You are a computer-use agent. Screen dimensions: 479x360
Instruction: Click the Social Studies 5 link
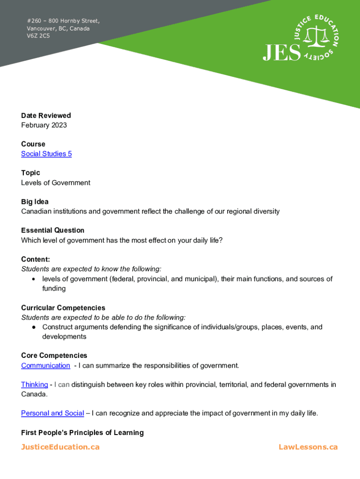coord(46,154)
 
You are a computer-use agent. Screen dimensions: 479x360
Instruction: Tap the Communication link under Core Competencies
coord(45,365)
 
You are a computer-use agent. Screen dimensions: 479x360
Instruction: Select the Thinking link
coord(34,385)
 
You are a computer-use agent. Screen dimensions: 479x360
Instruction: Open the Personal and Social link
coord(52,413)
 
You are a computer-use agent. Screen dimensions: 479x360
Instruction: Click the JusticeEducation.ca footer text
coord(60,447)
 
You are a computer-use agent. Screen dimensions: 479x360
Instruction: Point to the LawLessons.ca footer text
coord(308,447)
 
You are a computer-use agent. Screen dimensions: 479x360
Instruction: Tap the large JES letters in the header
coord(281,52)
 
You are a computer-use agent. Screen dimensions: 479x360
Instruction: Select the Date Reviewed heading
coord(46,116)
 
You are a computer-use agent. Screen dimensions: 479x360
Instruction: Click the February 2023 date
coord(44,125)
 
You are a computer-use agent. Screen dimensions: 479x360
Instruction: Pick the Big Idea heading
coord(34,202)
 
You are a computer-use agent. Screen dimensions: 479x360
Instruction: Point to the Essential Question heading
coord(53,230)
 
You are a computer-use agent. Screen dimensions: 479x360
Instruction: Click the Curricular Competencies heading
coord(63,308)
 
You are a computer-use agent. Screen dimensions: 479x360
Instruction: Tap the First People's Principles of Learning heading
coord(82,433)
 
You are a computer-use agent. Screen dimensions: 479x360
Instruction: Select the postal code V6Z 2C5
coord(38,36)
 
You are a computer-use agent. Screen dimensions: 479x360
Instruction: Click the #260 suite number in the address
coord(34,21)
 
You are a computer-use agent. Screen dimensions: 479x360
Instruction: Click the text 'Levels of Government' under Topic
coord(56,182)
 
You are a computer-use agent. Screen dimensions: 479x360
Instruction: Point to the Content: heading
coord(36,259)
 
